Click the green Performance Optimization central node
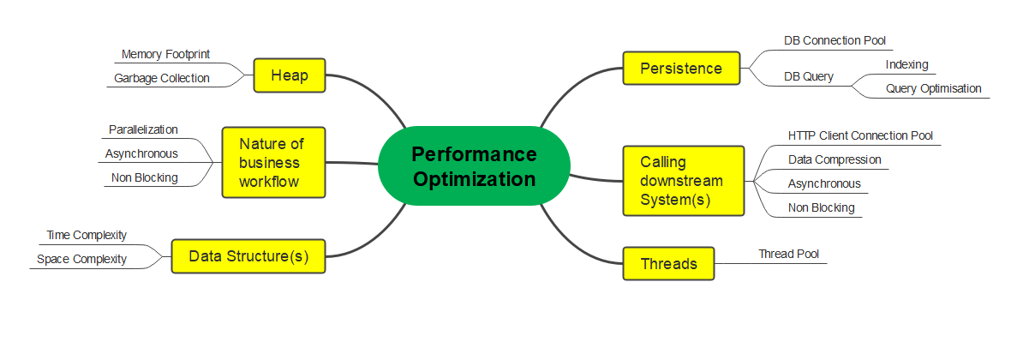click(x=474, y=166)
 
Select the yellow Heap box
click(x=290, y=76)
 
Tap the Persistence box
click(x=681, y=68)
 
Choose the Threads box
click(x=668, y=263)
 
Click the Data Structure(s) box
click(x=248, y=256)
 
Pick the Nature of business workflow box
click(x=273, y=162)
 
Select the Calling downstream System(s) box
click(x=684, y=180)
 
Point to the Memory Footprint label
click(x=165, y=55)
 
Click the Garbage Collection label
click(x=161, y=79)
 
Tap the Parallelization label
click(x=143, y=129)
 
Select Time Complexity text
click(x=87, y=235)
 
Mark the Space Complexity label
click(x=81, y=260)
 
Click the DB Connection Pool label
click(x=835, y=40)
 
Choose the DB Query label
click(x=808, y=76)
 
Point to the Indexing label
click(x=906, y=64)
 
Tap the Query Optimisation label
click(x=933, y=89)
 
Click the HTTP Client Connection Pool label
click(x=861, y=135)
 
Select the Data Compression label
click(x=835, y=159)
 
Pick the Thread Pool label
click(x=789, y=254)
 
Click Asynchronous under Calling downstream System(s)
click(x=824, y=183)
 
